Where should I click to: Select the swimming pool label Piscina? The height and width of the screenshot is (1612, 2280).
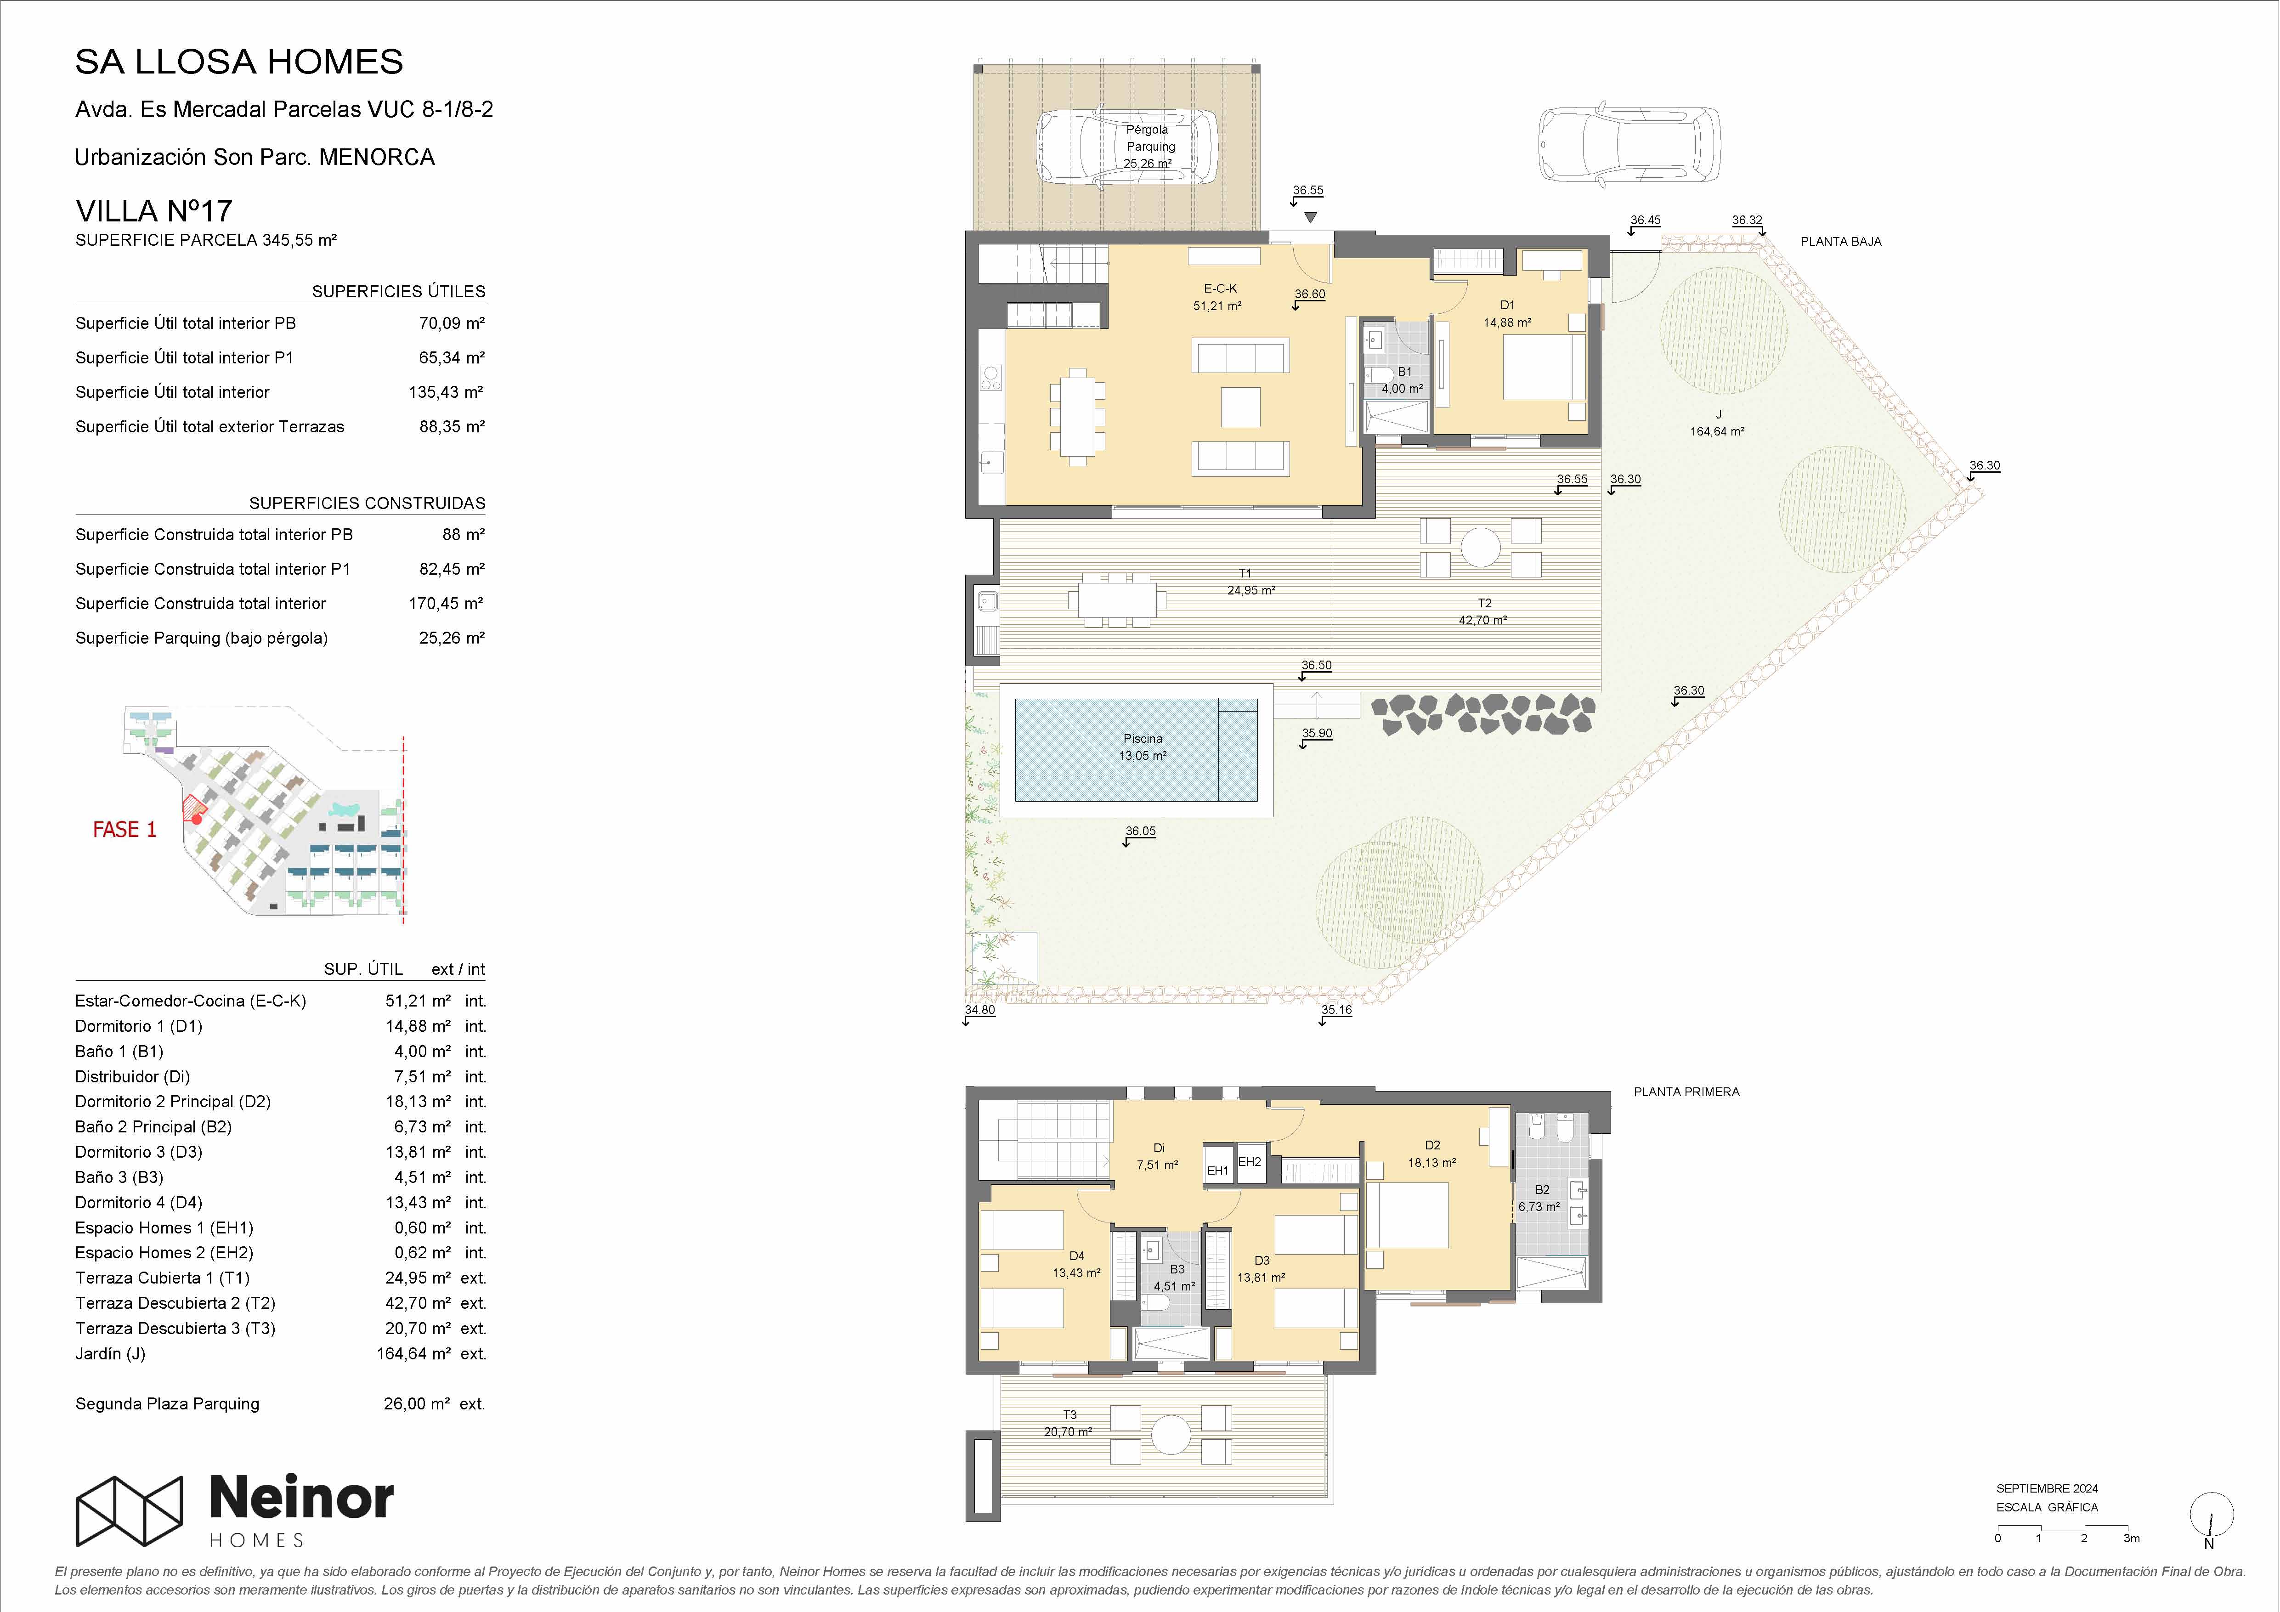tap(1143, 738)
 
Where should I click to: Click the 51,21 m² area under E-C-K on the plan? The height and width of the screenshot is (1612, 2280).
tap(1217, 306)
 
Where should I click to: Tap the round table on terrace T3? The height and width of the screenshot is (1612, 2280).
tap(1170, 1434)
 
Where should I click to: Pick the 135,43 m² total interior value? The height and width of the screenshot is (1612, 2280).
tap(446, 392)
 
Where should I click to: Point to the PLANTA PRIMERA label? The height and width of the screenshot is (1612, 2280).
tap(1686, 1092)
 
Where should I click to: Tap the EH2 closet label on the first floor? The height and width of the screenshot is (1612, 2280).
tap(1249, 1162)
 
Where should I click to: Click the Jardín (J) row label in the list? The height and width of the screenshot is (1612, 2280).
tap(110, 1354)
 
